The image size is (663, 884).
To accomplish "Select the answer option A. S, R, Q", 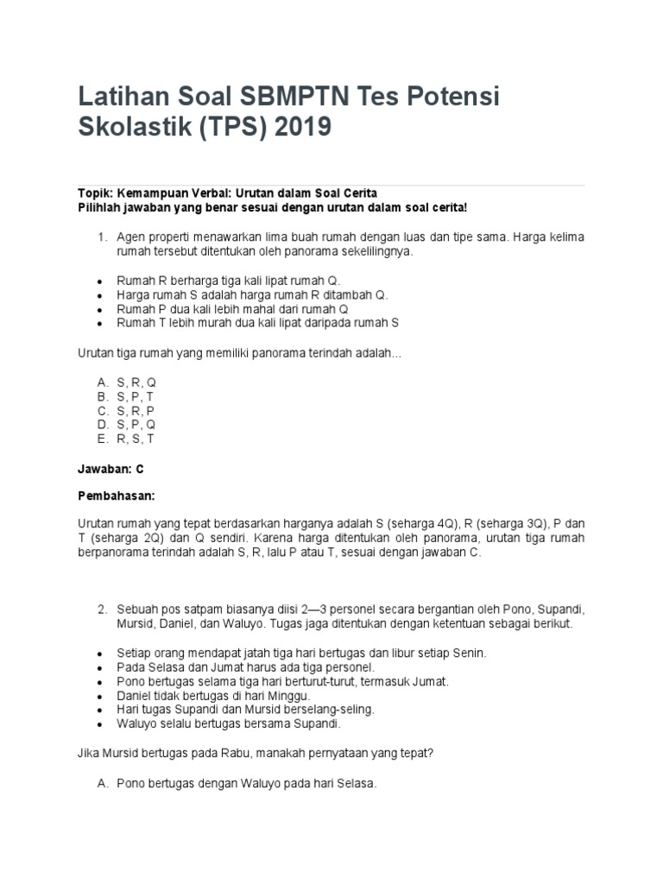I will [127, 382].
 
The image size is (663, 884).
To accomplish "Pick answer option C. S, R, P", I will [127, 410].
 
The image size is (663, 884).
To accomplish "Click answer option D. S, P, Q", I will [127, 425].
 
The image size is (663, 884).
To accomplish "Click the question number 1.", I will [101, 237].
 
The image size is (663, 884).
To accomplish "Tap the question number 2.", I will [101, 609].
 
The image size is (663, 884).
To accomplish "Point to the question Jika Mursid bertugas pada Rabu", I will [255, 752].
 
